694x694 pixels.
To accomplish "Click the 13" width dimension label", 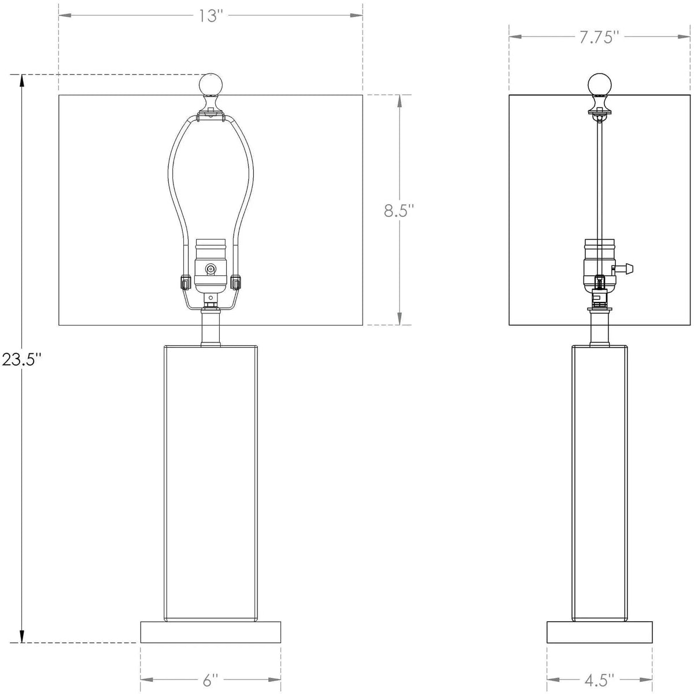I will coord(210,16).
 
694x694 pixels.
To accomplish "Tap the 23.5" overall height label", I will coord(21,360).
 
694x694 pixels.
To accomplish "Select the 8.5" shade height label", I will coord(399,210).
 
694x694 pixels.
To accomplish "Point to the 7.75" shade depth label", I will coord(599,38).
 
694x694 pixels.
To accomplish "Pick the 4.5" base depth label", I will coord(599,677).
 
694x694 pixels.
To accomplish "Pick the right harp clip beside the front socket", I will coord(236,283).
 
